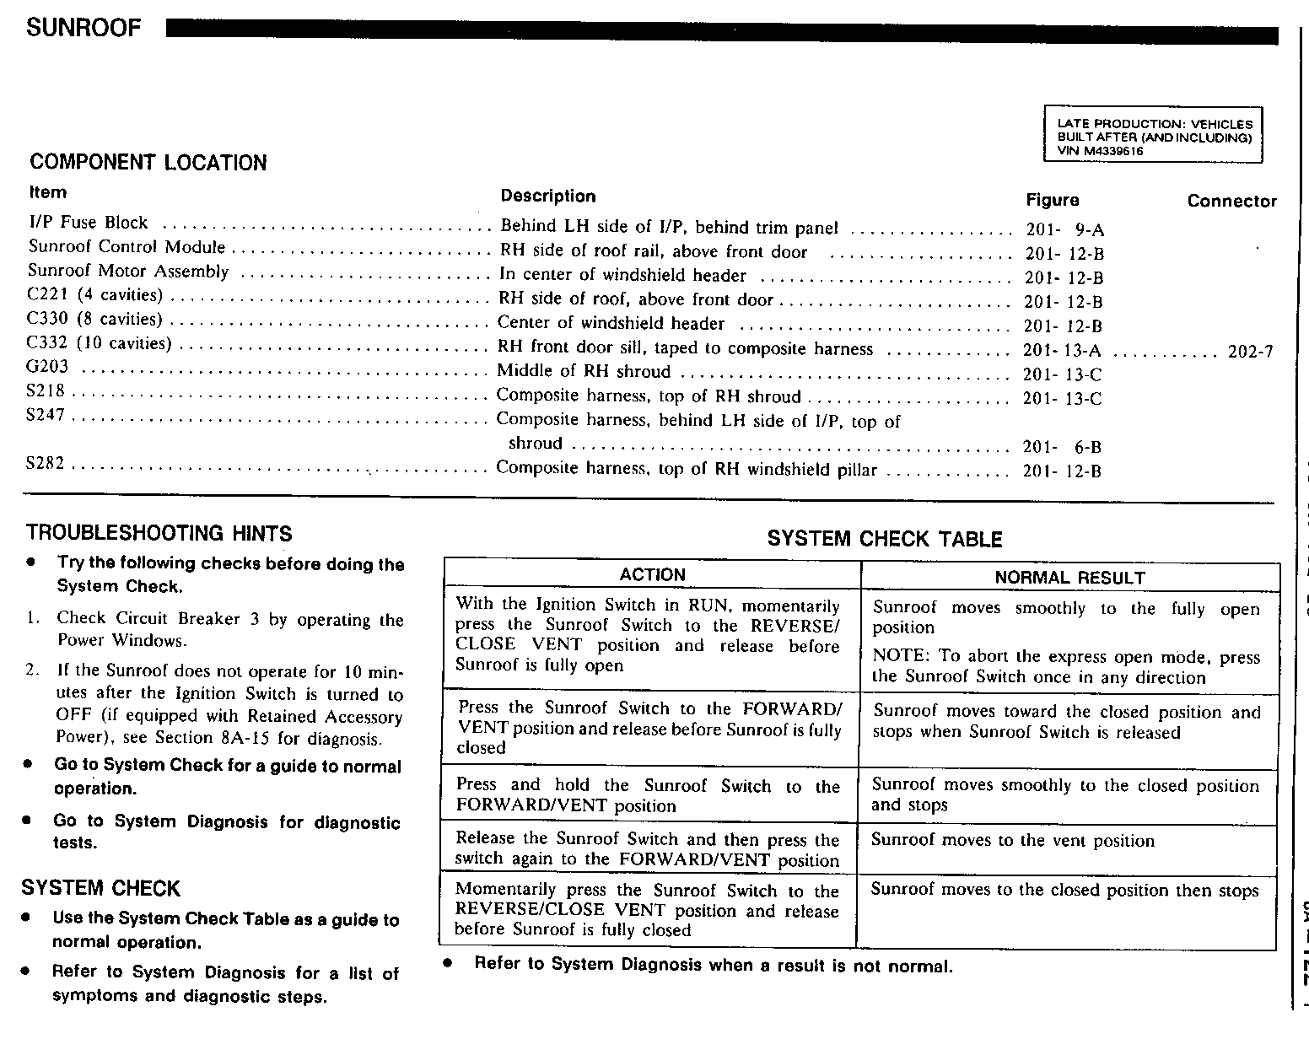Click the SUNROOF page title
pos(83,29)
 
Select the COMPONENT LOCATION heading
pos(148,162)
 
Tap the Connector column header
pos(1231,201)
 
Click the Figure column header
pos(1052,200)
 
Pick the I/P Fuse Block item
pos(89,223)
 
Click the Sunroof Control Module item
pos(127,247)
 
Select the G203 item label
pos(47,367)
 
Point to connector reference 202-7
pos(1250,351)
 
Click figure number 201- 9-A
pos(1064,229)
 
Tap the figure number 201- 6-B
pos(1062,447)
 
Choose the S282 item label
pos(46,464)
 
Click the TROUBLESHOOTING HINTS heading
pos(159,533)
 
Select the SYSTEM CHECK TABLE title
pos(884,539)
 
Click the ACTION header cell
pos(652,575)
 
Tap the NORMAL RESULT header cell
pos(1069,578)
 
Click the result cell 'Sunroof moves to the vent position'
pos(1012,840)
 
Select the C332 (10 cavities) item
pos(100,343)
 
